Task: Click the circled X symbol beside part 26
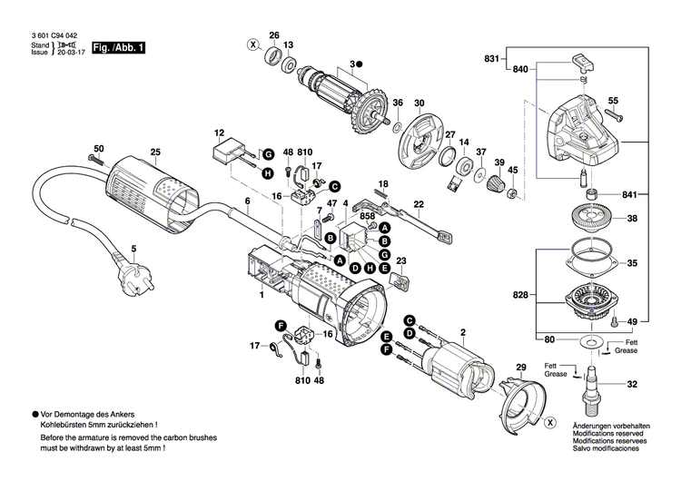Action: coord(253,44)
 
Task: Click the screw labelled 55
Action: coord(610,115)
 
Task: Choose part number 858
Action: coord(366,217)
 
